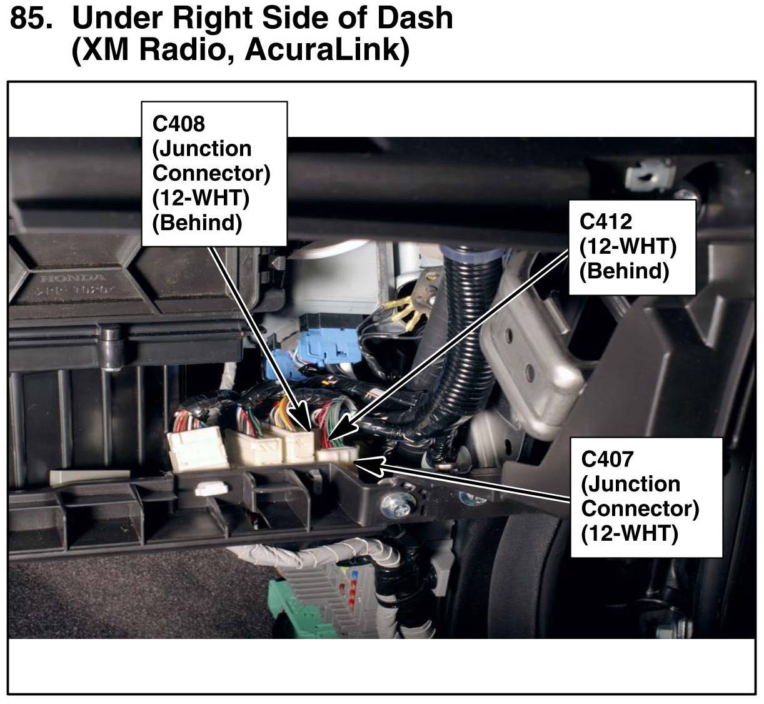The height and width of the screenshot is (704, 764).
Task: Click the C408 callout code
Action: point(179,124)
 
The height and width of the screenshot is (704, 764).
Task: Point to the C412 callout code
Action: point(606,221)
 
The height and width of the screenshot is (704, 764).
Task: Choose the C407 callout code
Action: point(607,460)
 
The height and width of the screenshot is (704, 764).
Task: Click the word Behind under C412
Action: point(624,271)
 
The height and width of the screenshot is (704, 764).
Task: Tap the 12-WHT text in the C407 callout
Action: point(630,533)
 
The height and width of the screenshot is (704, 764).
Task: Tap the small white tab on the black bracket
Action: point(209,489)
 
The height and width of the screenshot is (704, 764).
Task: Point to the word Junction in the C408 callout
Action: point(201,149)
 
